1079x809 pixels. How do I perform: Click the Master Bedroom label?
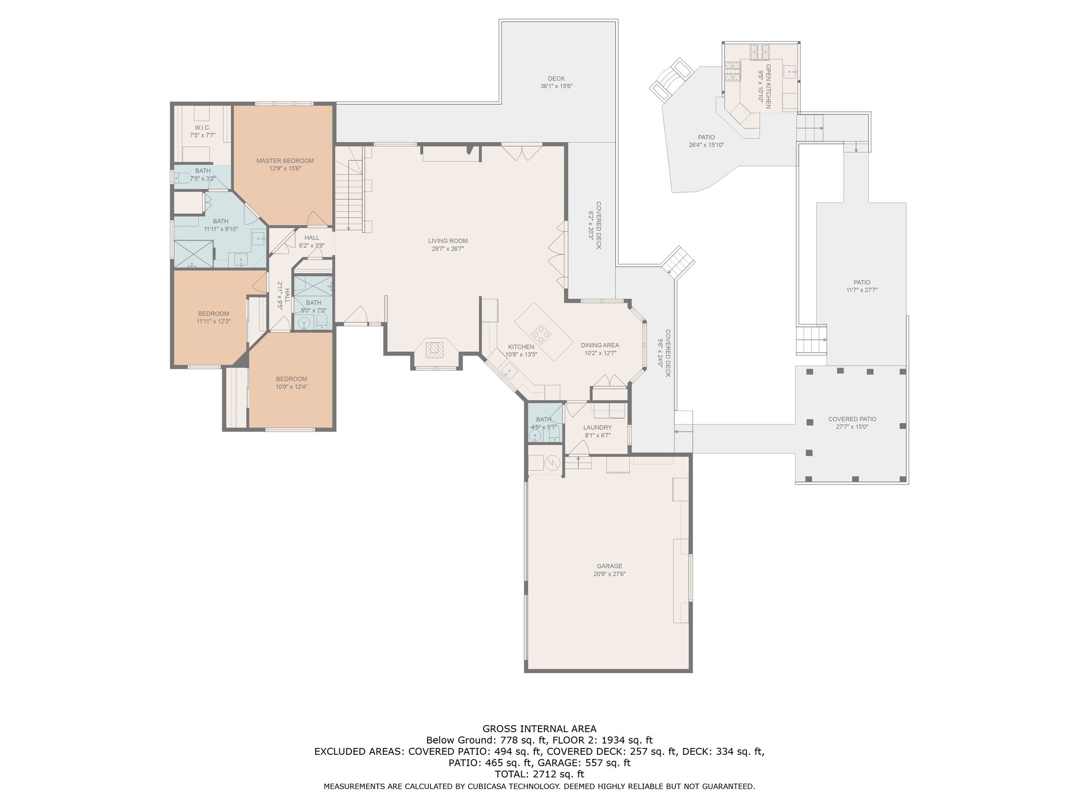tap(285, 161)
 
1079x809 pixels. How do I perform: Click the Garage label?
tap(610, 566)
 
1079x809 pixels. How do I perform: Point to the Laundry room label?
tap(597, 428)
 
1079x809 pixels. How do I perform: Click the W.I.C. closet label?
tap(202, 127)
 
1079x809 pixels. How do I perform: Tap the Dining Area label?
tap(600, 346)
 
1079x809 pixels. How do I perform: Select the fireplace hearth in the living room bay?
tap(435, 349)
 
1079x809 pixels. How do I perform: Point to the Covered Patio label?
tap(852, 419)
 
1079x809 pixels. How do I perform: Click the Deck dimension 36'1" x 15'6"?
tap(556, 86)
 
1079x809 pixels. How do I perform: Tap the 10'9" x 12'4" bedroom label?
tap(291, 387)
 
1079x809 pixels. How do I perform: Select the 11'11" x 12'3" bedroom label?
tap(213, 321)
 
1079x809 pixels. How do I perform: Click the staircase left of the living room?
tap(349, 188)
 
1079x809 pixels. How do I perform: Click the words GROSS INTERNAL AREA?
tap(539, 729)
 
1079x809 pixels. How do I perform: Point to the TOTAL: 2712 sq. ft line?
tap(539, 774)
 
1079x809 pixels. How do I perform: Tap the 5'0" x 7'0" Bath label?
tap(313, 307)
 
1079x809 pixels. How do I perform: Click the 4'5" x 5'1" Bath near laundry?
tap(543, 423)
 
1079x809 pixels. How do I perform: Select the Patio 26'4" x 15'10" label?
tap(707, 141)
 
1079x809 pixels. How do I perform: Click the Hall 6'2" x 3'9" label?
tap(311, 242)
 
